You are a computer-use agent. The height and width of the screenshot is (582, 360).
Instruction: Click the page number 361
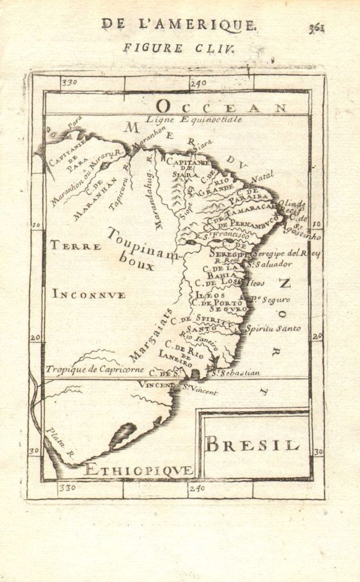(x=317, y=28)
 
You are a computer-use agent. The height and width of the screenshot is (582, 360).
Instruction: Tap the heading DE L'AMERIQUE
(x=179, y=24)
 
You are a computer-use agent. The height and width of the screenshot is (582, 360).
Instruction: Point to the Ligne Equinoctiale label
(x=193, y=120)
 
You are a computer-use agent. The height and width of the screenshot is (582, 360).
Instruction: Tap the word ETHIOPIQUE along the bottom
(x=138, y=469)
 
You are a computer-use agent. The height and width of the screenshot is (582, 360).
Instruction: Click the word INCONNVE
(x=89, y=294)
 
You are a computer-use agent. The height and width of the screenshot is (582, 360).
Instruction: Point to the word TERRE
(x=75, y=246)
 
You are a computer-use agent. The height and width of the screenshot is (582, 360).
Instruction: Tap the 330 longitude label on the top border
(x=69, y=82)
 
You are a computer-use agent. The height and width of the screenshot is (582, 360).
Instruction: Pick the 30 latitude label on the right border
(x=317, y=452)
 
